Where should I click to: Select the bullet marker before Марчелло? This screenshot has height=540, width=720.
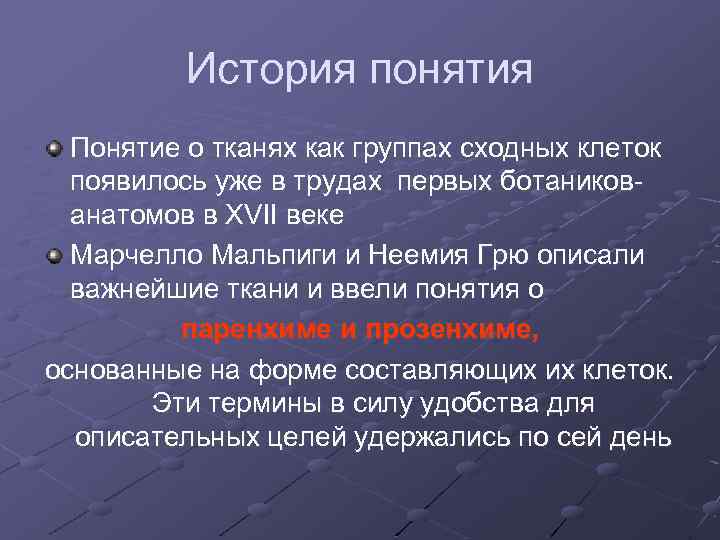point(55,255)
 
